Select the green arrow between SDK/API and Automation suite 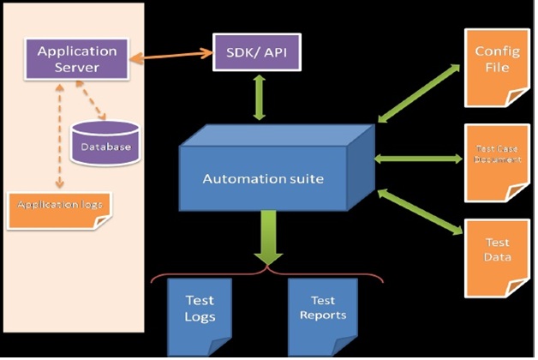257,96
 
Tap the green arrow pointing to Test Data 419,211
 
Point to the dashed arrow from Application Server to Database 93,100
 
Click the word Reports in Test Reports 323,315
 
